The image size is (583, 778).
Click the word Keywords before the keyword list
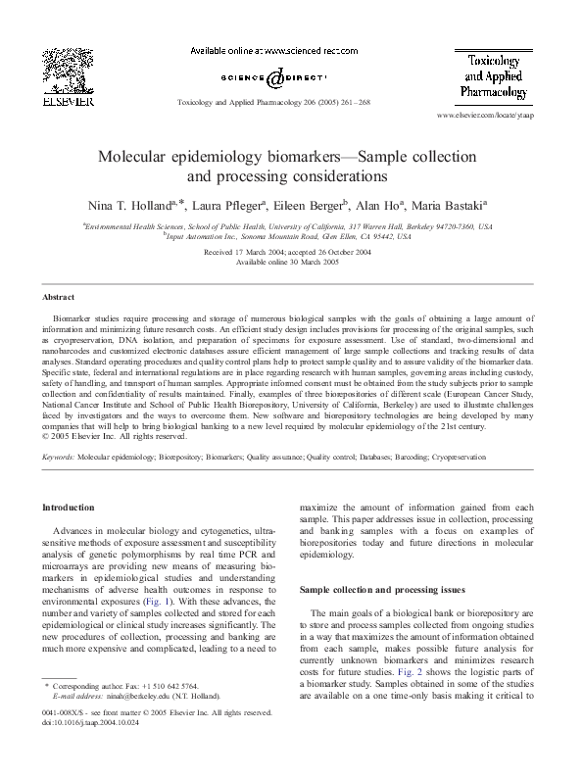pyautogui.click(x=58, y=457)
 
